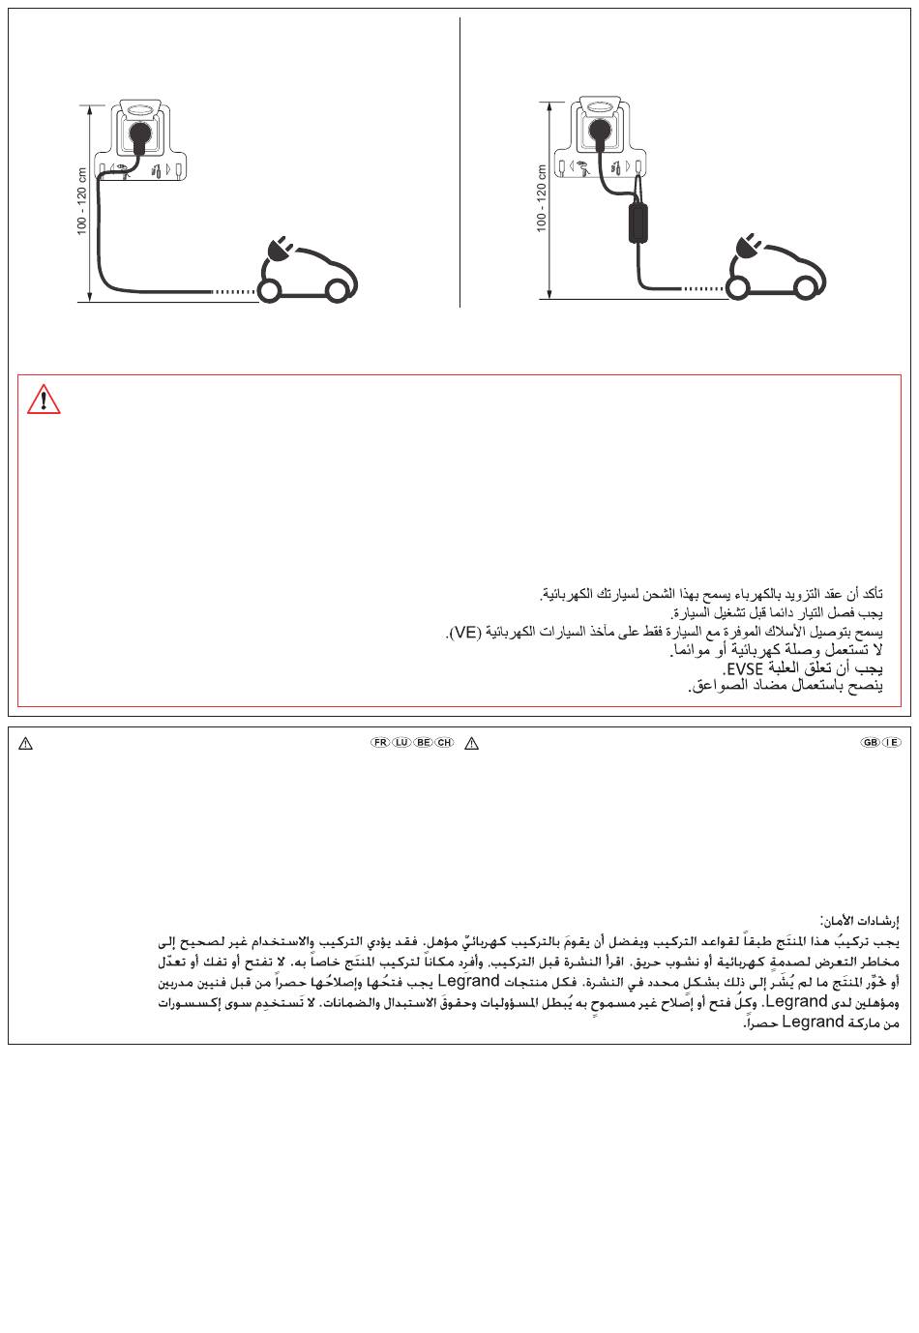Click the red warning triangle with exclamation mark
(44, 400)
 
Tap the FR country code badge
(379, 742)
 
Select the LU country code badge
(401, 742)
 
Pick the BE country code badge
(423, 742)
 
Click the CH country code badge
(444, 742)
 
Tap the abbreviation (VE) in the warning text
(463, 633)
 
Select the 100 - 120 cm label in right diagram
(542, 198)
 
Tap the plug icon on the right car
(749, 248)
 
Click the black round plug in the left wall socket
(142, 134)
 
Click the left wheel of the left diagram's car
(270, 289)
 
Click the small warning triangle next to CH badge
(471, 743)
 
